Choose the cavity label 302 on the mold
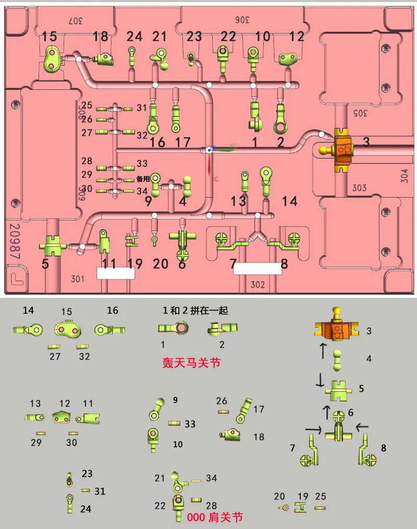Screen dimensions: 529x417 point(257,285)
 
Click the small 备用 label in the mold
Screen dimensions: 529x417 point(143,178)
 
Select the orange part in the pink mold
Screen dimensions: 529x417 point(342,151)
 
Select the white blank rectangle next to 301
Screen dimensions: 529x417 point(116,273)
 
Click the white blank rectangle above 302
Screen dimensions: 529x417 point(257,269)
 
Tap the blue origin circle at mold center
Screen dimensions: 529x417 point(209,149)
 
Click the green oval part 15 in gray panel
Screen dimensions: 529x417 point(67,329)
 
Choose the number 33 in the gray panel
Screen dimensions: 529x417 point(190,424)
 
